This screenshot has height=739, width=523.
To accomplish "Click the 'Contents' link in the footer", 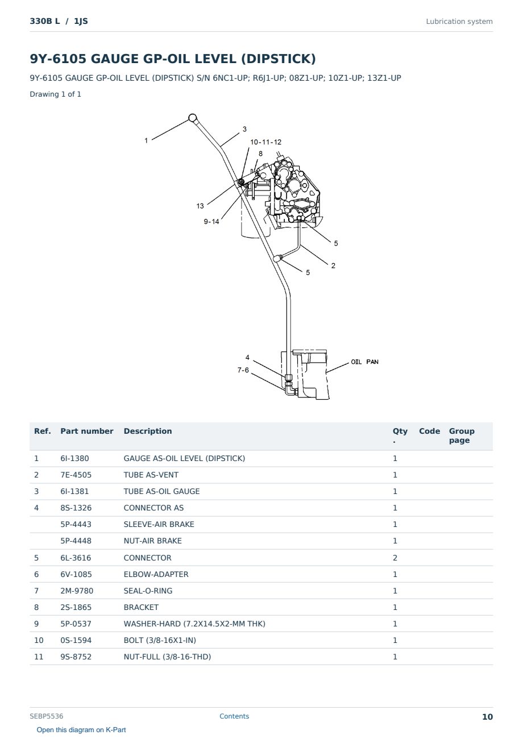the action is click(234, 716).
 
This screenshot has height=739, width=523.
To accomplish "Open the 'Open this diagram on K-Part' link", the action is click(81, 729).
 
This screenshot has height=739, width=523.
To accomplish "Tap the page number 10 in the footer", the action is click(487, 717).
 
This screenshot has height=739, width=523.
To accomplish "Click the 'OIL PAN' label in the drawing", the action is click(364, 362).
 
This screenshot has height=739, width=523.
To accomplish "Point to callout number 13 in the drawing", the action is click(200, 206).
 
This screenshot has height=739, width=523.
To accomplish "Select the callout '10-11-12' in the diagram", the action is click(265, 142).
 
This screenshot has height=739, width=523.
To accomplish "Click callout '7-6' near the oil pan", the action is click(243, 370).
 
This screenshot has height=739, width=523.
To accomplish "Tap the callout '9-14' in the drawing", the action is click(211, 221).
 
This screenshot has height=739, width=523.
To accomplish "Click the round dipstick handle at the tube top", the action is click(193, 118).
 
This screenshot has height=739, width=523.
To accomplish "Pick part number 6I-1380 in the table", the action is click(74, 458).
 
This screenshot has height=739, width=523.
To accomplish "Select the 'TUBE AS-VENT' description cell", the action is click(151, 475).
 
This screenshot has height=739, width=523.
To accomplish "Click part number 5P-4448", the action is click(76, 541).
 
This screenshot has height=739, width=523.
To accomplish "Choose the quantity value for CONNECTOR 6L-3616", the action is click(395, 558).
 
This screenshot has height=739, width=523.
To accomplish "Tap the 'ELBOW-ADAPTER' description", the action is click(156, 574).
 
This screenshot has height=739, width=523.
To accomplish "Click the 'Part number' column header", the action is click(87, 431).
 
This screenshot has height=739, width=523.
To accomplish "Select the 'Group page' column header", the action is click(462, 435).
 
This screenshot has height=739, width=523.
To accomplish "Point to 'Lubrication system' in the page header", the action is click(459, 22).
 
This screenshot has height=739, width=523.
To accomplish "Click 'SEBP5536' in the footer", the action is click(47, 716).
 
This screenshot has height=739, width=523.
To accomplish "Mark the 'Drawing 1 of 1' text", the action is click(56, 94).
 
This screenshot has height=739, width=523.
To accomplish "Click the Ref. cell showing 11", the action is click(39, 657).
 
